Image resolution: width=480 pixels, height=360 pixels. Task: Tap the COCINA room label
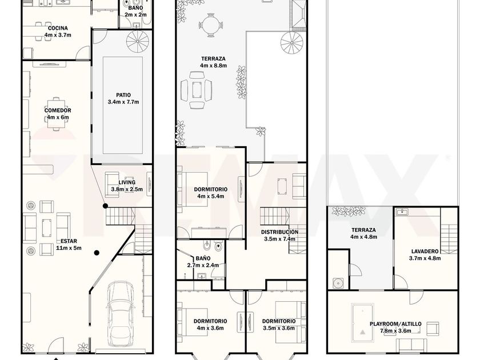point(58,28)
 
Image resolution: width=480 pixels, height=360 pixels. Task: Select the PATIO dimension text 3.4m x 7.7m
point(123,102)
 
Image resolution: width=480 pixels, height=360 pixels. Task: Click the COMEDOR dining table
point(57,114)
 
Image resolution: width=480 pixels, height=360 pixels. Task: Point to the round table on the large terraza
point(210,25)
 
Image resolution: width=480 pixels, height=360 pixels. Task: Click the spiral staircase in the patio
point(138,41)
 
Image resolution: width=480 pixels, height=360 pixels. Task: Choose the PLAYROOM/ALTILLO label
point(395,324)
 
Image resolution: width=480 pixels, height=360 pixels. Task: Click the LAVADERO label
point(425,251)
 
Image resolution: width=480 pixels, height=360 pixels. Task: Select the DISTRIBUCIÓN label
point(279,232)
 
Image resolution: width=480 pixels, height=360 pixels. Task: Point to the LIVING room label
point(127,182)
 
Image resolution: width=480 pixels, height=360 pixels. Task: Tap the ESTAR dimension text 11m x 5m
point(69,248)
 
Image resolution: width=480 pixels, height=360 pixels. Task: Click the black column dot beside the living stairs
point(105,206)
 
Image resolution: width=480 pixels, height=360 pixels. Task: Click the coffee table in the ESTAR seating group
point(47,228)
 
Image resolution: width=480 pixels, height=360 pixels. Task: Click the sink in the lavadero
point(401,211)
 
